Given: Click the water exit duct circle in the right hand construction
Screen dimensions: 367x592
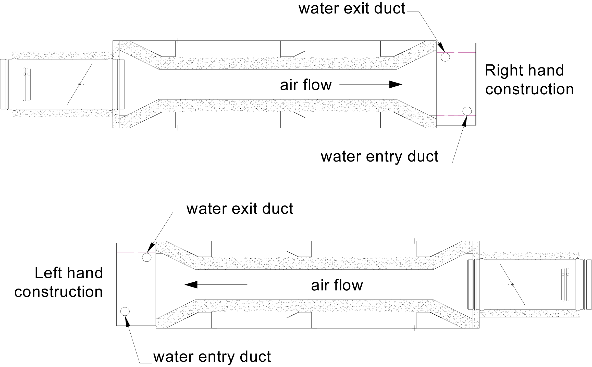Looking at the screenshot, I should pos(445,57).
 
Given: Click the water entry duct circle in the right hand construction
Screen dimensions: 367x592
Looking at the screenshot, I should pos(467,111).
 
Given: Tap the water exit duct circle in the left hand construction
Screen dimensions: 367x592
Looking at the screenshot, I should pos(147,257).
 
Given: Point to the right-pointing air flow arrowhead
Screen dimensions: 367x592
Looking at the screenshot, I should pos(396,85).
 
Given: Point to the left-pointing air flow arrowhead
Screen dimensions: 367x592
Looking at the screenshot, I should pos(191,284).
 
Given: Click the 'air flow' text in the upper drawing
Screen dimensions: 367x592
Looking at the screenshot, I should pos(306,85).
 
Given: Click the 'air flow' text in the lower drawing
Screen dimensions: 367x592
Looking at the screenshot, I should pos(337,285).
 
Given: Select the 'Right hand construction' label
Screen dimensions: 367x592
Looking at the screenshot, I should pos(529,80).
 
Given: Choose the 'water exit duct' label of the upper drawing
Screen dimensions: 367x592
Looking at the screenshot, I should pos(352,8).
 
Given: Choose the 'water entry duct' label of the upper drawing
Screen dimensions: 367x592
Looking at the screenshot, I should pos(379,156).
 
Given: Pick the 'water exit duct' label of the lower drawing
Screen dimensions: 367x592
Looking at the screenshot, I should pos(240,209).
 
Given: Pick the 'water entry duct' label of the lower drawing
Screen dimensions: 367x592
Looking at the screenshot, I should pos(212,357).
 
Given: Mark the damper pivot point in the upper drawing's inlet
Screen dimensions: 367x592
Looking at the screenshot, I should pos(79,84).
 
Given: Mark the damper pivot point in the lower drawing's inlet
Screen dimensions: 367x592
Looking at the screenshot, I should pos(512,284).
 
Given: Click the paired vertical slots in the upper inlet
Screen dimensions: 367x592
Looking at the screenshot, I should pos(27,84).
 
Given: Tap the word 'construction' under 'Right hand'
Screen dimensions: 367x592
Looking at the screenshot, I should pos(529,89).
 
